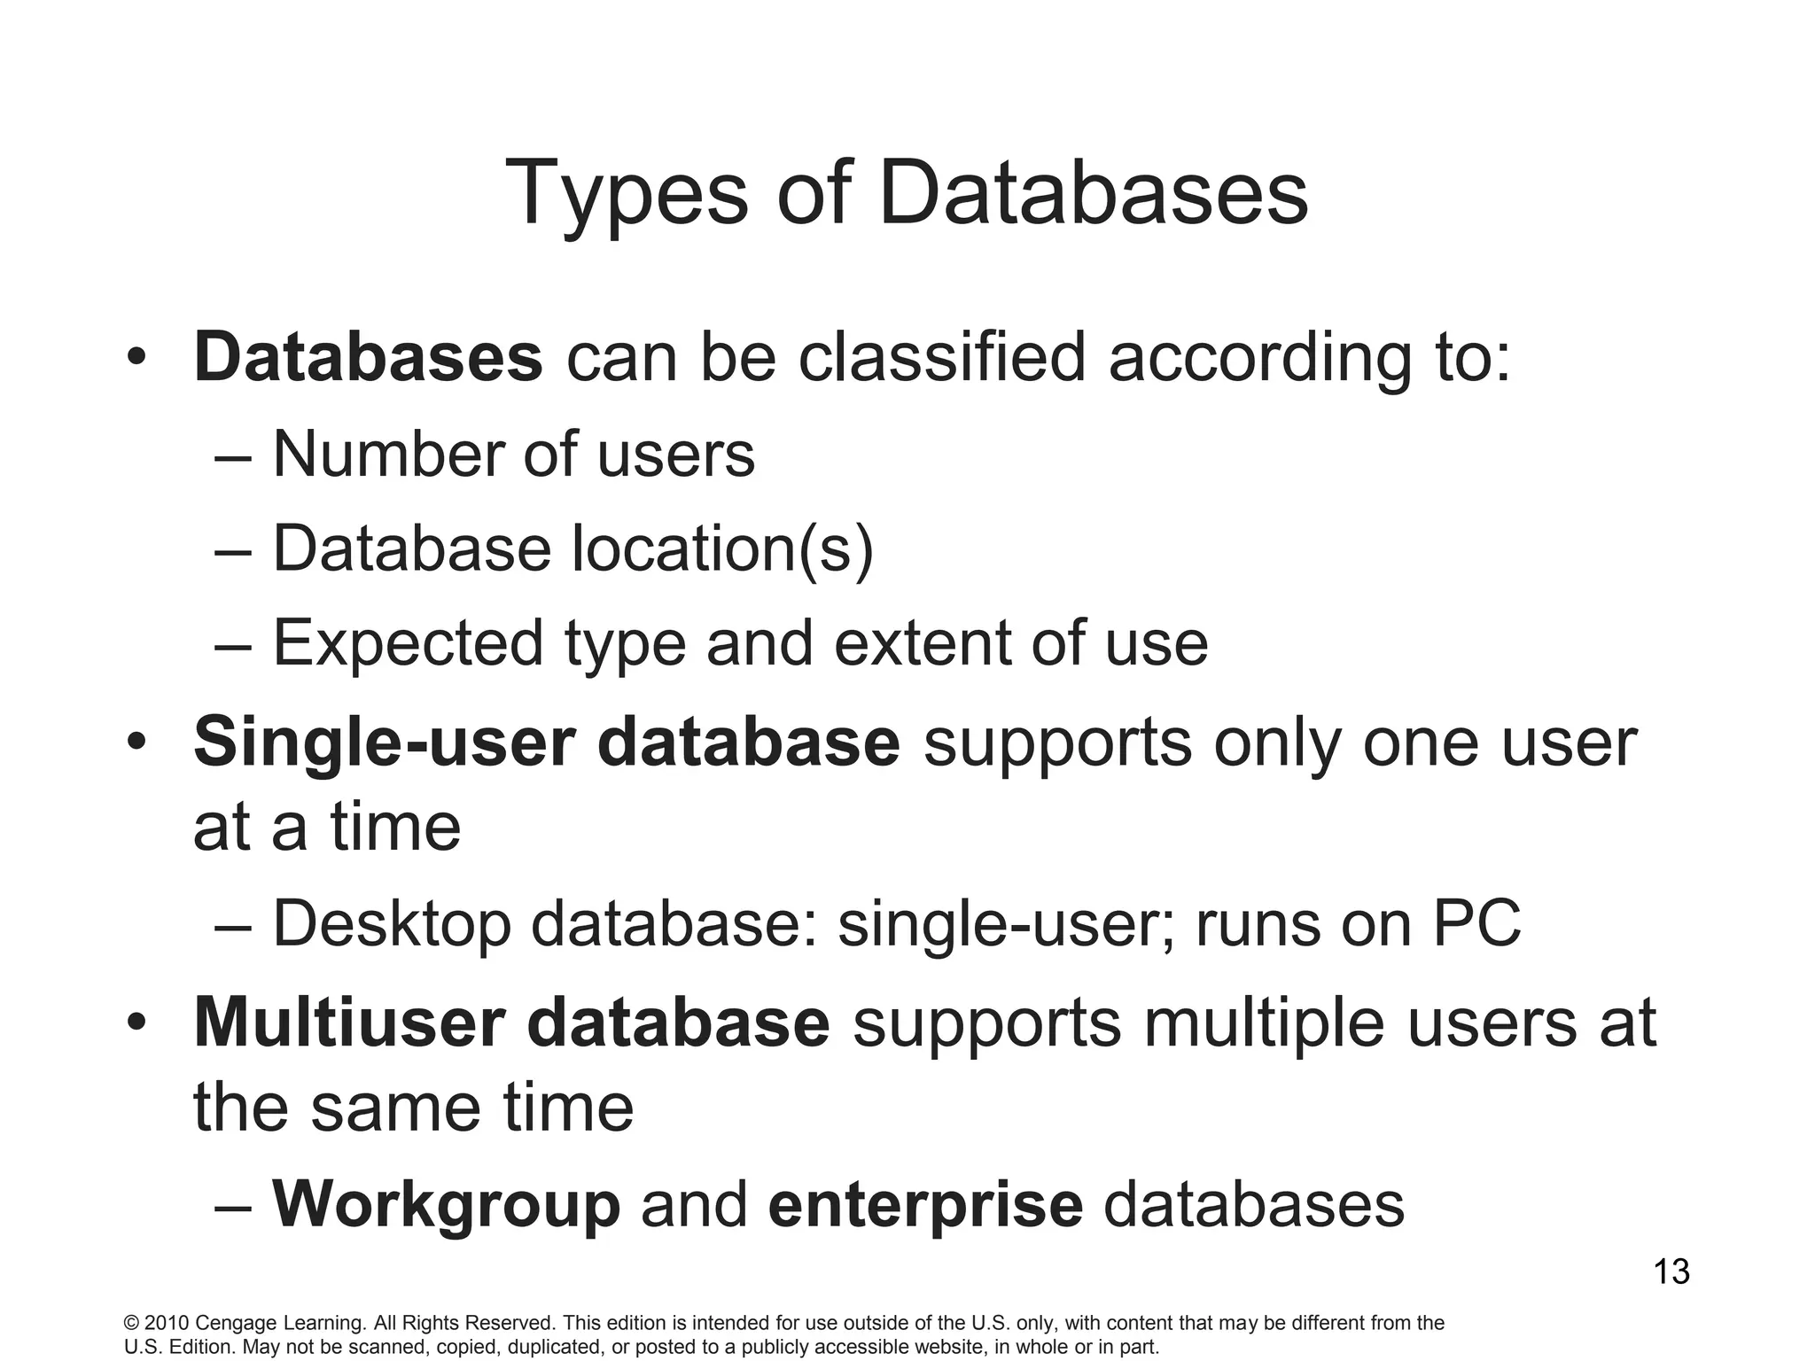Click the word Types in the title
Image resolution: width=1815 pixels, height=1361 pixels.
point(626,194)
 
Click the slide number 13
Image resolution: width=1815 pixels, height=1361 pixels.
point(1671,1272)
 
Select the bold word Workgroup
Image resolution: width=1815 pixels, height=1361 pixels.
point(446,1205)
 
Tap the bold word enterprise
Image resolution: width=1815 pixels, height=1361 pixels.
point(925,1205)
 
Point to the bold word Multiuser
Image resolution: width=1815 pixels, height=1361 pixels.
point(347,1022)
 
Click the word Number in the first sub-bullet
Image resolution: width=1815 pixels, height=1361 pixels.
point(387,455)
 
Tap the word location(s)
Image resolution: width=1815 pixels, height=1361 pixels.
point(723,548)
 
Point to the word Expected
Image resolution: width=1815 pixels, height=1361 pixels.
point(408,643)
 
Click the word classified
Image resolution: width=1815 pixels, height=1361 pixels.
point(941,358)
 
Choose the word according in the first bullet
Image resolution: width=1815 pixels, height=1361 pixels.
point(1259,358)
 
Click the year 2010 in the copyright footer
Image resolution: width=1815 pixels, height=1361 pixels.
point(166,1324)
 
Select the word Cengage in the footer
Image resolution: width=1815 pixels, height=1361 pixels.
point(235,1324)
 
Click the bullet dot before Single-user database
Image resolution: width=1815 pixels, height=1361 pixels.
point(135,742)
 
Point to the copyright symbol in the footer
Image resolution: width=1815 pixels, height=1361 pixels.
point(131,1324)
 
